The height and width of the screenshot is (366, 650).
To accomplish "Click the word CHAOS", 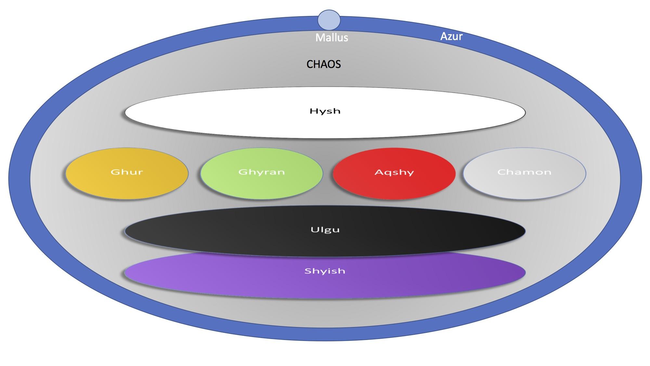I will click(x=323, y=64).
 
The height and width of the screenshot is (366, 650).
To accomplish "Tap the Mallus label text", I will click(x=331, y=38).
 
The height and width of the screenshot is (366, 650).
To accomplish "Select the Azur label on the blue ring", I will click(x=451, y=36).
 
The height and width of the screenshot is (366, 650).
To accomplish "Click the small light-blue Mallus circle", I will click(x=329, y=20).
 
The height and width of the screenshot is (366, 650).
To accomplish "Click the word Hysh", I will click(x=325, y=111).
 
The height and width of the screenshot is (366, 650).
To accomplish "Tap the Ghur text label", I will click(x=127, y=172).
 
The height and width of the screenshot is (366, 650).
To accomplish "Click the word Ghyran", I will click(x=262, y=172).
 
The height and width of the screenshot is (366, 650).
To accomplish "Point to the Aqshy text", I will click(x=394, y=172).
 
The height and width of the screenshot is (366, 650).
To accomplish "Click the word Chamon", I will click(x=524, y=172).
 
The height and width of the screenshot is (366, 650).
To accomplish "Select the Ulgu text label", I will click(x=325, y=230).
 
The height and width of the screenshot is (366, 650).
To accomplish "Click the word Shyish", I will click(x=325, y=271).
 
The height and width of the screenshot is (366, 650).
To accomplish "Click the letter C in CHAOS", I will click(x=310, y=64).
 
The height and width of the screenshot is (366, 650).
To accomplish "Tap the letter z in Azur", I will click(x=449, y=37).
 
